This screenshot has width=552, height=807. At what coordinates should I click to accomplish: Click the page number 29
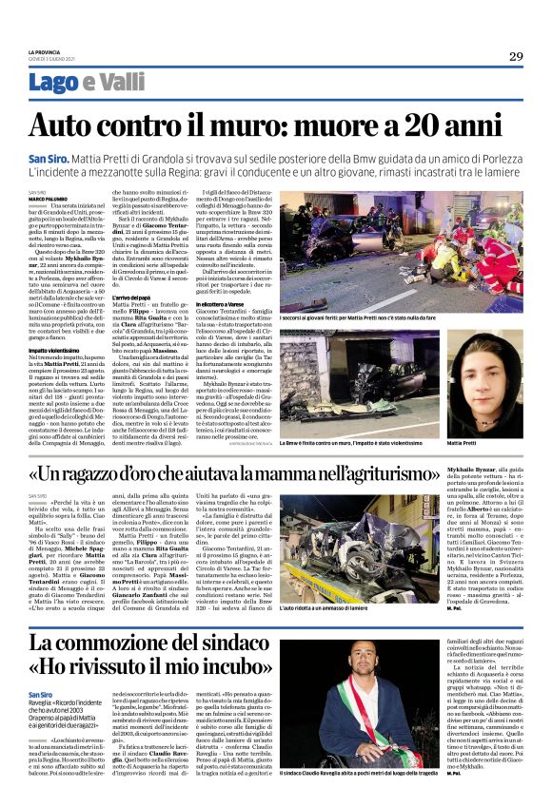coord(515,55)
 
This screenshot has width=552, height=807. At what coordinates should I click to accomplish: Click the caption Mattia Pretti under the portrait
coord(463,444)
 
